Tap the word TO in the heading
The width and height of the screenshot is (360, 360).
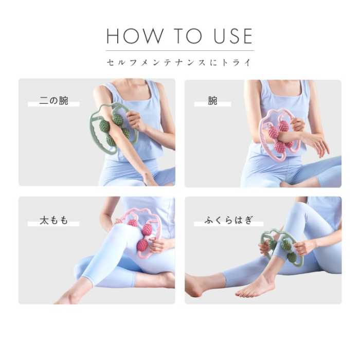[187, 36]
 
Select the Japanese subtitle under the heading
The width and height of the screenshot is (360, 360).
[179, 63]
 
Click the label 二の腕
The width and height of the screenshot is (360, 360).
[53, 101]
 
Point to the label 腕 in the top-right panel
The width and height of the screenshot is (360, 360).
[212, 101]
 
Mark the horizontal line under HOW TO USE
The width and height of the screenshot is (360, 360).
[179, 50]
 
